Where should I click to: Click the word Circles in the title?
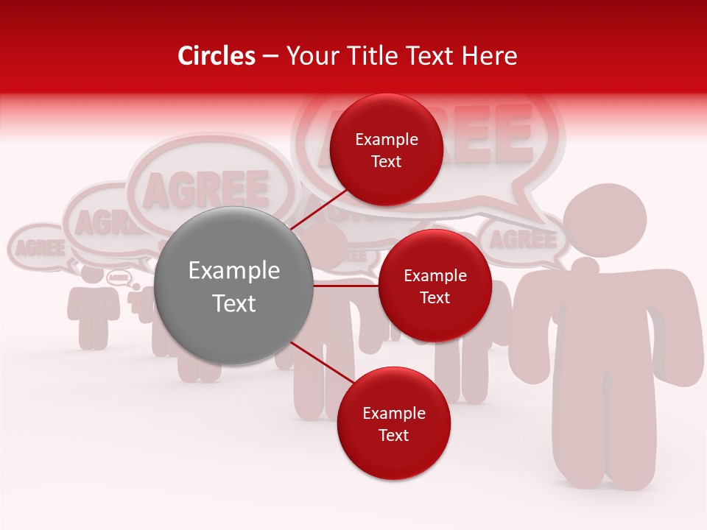216,56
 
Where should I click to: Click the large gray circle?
233,286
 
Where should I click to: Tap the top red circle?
386,149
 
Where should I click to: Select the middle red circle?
435,286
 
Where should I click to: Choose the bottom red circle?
393,423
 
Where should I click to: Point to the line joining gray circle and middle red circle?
345,286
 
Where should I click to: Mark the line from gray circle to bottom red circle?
317,364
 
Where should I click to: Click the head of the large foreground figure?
605,220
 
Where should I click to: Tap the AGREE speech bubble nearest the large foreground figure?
523,240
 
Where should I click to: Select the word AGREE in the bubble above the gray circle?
206,188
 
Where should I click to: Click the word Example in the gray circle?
233,271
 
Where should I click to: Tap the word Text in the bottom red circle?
393,435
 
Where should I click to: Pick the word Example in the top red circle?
386,139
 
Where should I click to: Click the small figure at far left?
93,309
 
